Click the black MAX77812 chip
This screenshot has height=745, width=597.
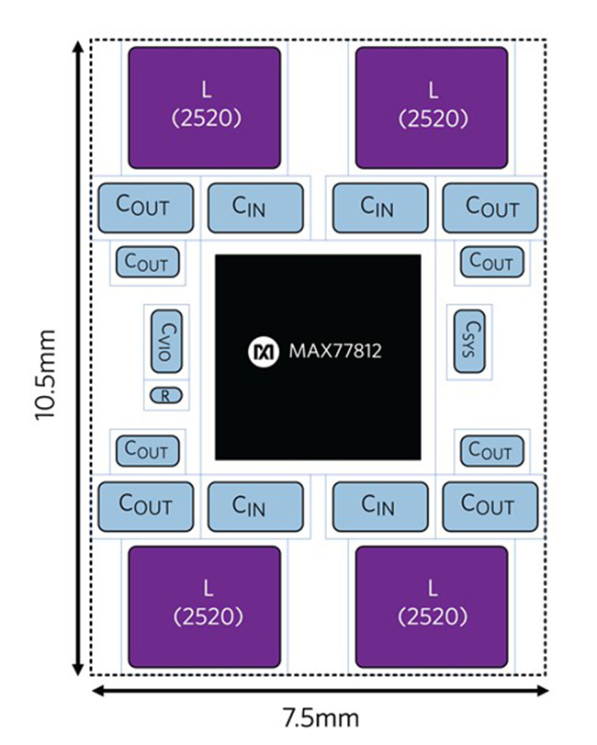[x=318, y=357]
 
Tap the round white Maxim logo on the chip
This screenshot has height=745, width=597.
[x=264, y=352]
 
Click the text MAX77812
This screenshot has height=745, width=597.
[x=335, y=351]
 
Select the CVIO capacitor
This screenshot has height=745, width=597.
[x=166, y=341]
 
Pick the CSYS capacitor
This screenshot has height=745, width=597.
[x=469, y=341]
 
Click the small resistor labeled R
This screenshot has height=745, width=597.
[x=165, y=395]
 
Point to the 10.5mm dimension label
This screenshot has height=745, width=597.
[x=46, y=375]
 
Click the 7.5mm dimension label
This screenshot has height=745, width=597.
[x=321, y=717]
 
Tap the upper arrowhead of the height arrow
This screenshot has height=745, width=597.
[x=78, y=47]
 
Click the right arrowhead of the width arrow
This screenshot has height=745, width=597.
[x=542, y=691]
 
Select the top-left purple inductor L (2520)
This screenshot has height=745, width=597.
[x=204, y=107]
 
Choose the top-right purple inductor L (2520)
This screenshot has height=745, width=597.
[x=432, y=107]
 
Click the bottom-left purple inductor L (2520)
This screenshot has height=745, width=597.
[x=204, y=606]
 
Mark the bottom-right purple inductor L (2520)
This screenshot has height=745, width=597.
[x=432, y=606]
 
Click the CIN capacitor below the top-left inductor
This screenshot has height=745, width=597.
[x=255, y=208]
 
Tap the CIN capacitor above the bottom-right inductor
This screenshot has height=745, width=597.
[x=380, y=506]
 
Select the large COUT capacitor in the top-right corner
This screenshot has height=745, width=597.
[x=490, y=208]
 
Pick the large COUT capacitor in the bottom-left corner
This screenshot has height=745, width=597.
[x=146, y=506]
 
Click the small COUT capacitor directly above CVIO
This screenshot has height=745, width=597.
[x=148, y=263]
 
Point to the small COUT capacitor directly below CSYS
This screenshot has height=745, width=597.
[x=492, y=450]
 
